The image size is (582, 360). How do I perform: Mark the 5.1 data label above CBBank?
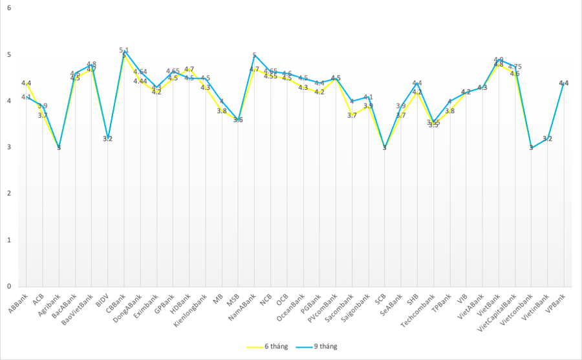point(124,50)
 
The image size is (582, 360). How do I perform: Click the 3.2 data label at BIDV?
point(108,139)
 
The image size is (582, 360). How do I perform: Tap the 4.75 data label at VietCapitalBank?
point(515,67)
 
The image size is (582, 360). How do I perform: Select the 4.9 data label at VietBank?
point(499,59)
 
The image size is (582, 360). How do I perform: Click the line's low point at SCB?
point(385,148)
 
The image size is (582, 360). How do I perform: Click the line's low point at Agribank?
point(59,148)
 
